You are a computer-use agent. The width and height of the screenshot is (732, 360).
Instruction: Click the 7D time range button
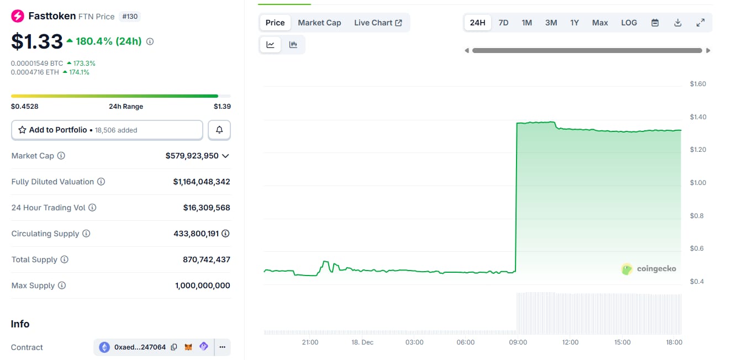(x=503, y=23)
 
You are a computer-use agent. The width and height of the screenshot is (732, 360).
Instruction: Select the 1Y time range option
(x=575, y=23)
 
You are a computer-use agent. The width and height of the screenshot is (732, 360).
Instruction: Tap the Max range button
(x=600, y=23)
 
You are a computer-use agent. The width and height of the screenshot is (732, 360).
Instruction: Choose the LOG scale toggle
(x=629, y=23)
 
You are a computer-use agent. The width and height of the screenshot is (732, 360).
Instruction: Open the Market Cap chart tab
(x=319, y=23)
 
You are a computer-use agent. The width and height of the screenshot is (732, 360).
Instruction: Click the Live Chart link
(x=378, y=23)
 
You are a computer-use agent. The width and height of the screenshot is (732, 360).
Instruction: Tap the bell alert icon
(x=219, y=130)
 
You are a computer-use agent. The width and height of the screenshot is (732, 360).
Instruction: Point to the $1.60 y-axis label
(x=698, y=84)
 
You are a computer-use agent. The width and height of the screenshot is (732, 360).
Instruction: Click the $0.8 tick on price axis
(x=697, y=216)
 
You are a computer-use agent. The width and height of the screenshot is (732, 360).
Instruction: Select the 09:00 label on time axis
(x=518, y=342)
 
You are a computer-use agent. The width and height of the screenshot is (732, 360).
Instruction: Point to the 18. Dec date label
(x=362, y=342)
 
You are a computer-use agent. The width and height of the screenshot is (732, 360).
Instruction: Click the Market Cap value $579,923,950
(x=192, y=156)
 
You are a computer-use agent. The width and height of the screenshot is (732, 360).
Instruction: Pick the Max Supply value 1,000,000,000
(x=202, y=285)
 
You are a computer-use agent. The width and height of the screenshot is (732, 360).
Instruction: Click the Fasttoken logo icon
(x=18, y=16)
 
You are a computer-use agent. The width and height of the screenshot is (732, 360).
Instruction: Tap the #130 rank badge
(x=130, y=17)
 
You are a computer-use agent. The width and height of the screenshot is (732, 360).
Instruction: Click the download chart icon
(x=678, y=23)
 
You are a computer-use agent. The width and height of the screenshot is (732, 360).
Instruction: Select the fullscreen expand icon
(x=700, y=23)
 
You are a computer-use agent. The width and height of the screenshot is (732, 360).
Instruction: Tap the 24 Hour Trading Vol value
(x=207, y=208)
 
